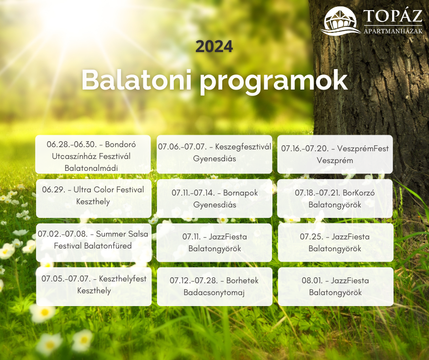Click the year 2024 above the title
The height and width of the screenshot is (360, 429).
(x=214, y=47)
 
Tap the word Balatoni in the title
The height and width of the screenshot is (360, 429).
(x=136, y=80)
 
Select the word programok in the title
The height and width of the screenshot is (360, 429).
(x=274, y=82)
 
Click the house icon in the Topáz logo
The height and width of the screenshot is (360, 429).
(x=340, y=21)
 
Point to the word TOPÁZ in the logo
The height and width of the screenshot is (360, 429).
(x=393, y=16)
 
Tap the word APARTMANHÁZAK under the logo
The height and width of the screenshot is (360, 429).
(x=393, y=31)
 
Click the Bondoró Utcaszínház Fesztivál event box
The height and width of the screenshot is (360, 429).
(x=93, y=154)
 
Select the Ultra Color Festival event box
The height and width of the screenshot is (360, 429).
(x=94, y=198)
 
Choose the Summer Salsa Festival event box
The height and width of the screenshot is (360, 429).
(x=94, y=243)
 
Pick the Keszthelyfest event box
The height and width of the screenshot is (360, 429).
(x=94, y=286)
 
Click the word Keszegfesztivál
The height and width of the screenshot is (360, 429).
(x=243, y=147)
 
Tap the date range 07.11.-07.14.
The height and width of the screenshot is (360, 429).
(x=194, y=193)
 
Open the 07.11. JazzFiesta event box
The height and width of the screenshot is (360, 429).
(x=214, y=243)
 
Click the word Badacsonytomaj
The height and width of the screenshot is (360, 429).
(x=214, y=292)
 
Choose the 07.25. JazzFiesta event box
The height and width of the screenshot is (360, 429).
(x=335, y=243)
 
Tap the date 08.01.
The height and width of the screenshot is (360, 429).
(x=312, y=281)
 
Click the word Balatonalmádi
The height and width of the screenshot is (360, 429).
(x=91, y=168)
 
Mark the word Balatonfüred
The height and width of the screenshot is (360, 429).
(x=108, y=246)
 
